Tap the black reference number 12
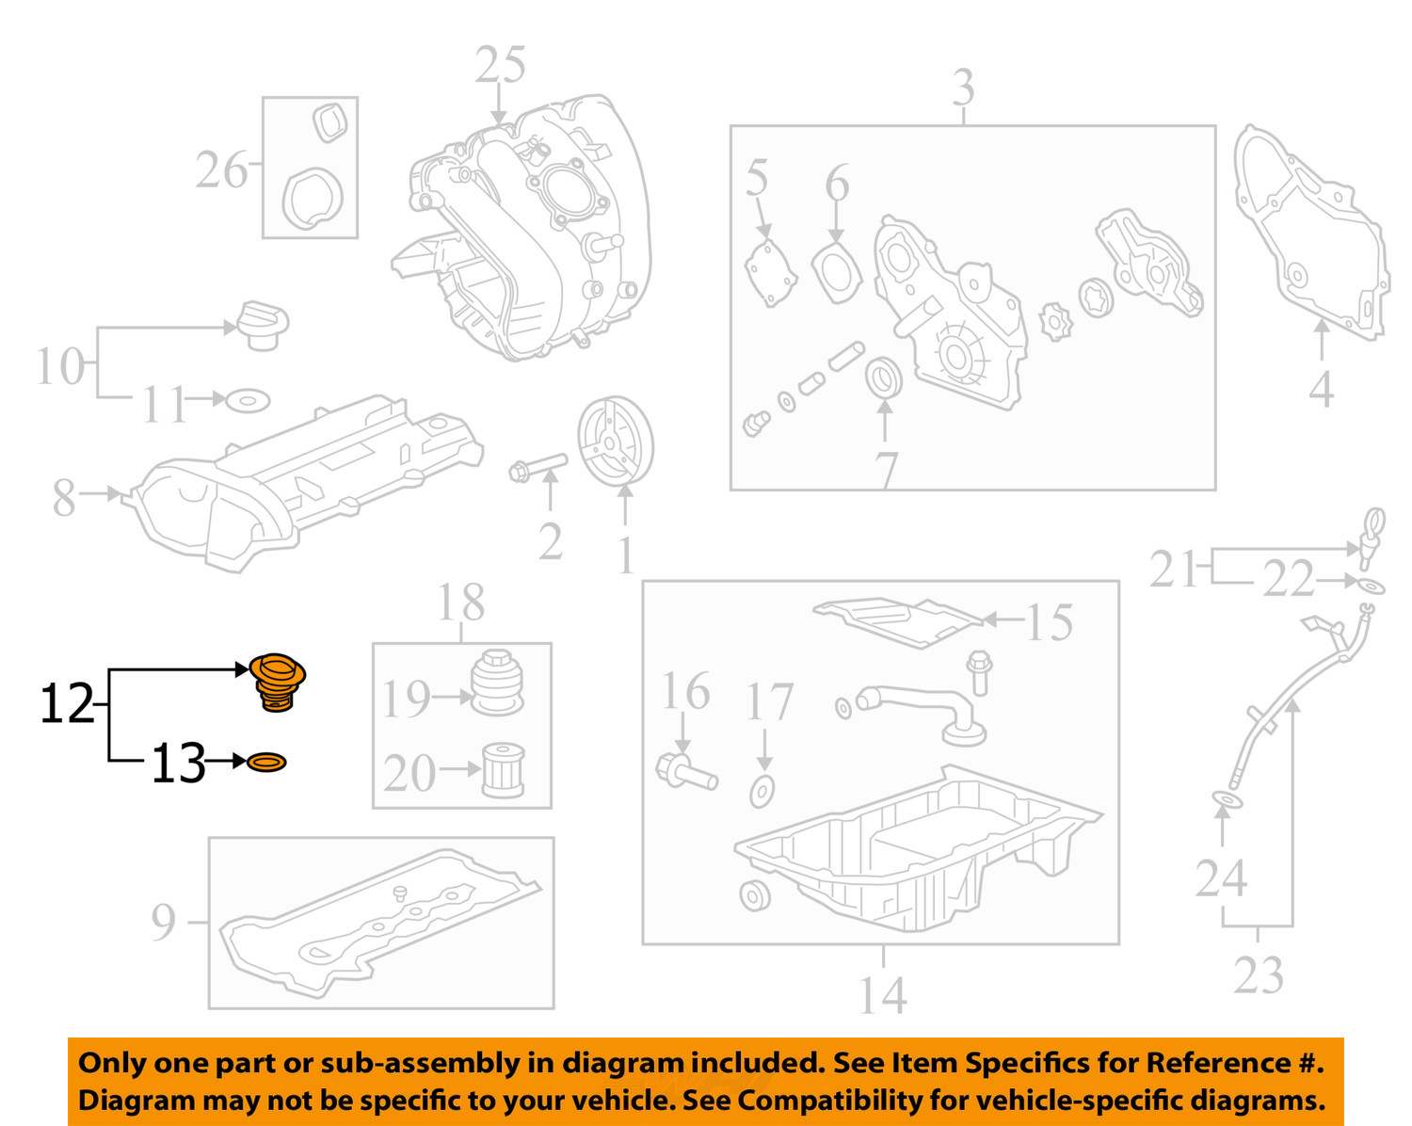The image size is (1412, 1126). (x=67, y=703)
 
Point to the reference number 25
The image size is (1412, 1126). (x=500, y=66)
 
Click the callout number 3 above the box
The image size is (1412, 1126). (x=962, y=88)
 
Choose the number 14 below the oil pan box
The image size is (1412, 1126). (x=882, y=994)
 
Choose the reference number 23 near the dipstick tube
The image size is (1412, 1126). (x=1259, y=974)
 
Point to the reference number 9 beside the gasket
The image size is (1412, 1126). (x=163, y=922)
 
